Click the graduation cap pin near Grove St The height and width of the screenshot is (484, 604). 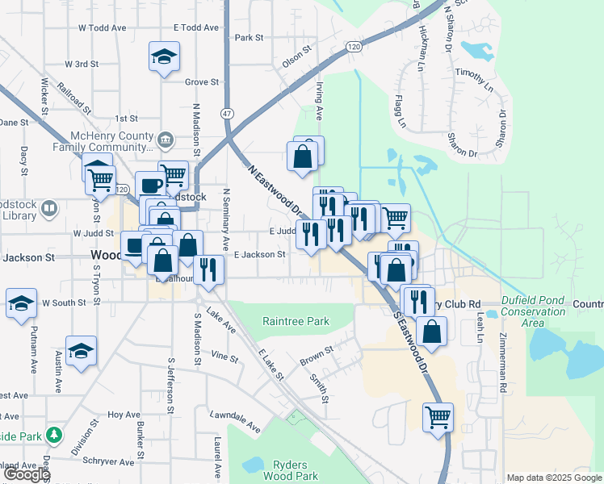point(164,57)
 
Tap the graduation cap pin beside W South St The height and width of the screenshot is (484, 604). point(22,303)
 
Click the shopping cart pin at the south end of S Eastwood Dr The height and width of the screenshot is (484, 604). point(438,417)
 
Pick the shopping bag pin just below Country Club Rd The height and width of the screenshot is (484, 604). point(433,332)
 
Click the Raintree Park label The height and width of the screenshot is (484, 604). point(296,321)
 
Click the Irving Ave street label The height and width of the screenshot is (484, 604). point(319,102)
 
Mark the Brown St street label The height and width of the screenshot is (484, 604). point(317,354)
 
